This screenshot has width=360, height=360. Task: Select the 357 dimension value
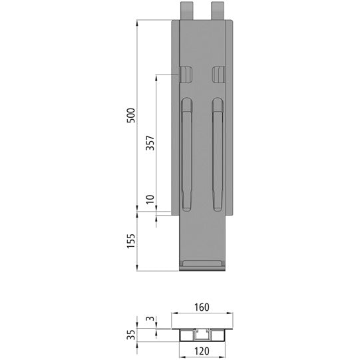pyautogui.click(x=150, y=144)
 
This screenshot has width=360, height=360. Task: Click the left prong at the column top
pyautogui.click(x=186, y=10)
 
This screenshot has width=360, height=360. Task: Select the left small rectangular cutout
pyautogui.click(x=186, y=74)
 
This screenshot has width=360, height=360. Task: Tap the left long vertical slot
pyautogui.click(x=187, y=154)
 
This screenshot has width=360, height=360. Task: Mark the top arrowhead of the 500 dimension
pyautogui.click(x=137, y=23)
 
